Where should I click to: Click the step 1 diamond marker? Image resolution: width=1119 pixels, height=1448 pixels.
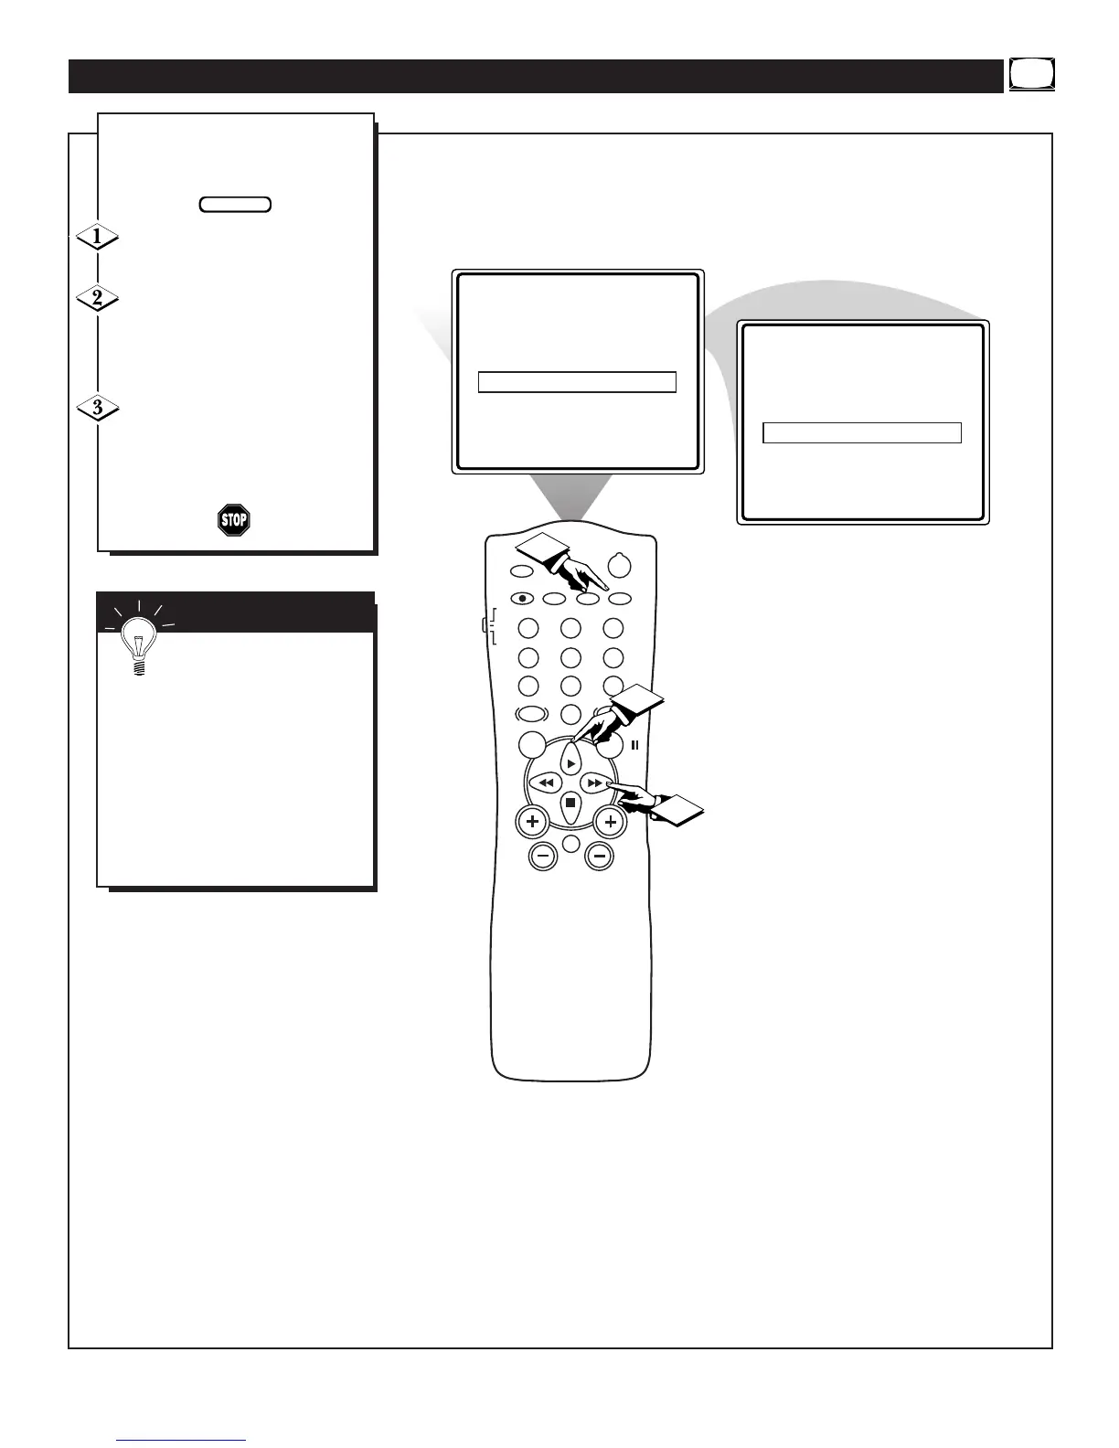pos(97,238)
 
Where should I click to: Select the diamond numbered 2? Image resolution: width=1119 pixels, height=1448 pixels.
pos(97,298)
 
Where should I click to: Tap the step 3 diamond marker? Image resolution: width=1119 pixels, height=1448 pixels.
pos(97,408)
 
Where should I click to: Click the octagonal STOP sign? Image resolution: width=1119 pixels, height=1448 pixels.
pos(234,520)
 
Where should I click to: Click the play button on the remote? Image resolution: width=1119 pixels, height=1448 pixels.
pos(570,762)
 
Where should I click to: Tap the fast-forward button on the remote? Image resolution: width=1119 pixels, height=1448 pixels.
pos(594,783)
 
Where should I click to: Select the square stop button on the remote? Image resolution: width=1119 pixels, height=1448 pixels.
pos(570,803)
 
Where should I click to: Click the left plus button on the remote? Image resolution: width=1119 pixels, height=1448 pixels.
pos(532,821)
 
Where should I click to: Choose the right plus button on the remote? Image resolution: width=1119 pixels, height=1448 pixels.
pos(610,821)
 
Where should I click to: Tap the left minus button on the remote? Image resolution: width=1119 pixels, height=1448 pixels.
pos(543,857)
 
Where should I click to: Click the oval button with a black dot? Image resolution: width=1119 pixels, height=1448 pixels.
pos(521,599)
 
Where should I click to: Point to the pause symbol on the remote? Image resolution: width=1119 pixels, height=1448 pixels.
pos(634,745)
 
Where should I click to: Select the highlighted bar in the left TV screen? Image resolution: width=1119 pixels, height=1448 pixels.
pos(577,382)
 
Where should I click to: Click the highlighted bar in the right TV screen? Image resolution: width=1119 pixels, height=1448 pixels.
pos(862,433)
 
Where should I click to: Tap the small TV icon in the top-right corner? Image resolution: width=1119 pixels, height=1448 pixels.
pos(1032,74)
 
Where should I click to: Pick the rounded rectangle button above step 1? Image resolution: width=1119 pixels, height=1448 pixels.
pos(235,204)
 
